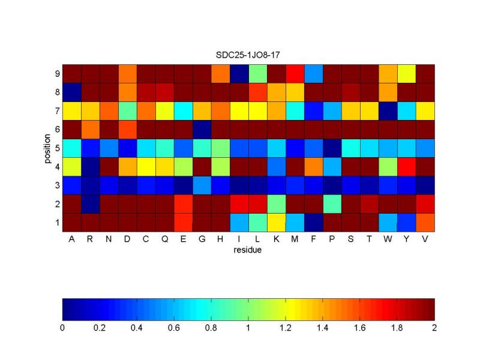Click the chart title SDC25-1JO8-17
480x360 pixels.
click(x=248, y=55)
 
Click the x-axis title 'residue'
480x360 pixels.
click(x=248, y=250)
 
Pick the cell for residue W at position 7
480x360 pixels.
click(x=388, y=110)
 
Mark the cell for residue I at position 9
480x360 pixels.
click(x=239, y=73)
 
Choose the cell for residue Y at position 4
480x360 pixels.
click(x=406, y=166)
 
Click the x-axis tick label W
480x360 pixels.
click(x=388, y=239)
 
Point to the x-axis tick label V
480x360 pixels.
click(x=425, y=239)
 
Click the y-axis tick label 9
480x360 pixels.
click(x=56, y=73)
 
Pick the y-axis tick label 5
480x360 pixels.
click(x=56, y=148)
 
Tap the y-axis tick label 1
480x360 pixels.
click(x=56, y=222)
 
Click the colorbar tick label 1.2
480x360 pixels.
click(x=286, y=329)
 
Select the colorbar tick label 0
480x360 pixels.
click(x=62, y=329)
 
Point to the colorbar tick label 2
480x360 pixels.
click(x=434, y=329)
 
